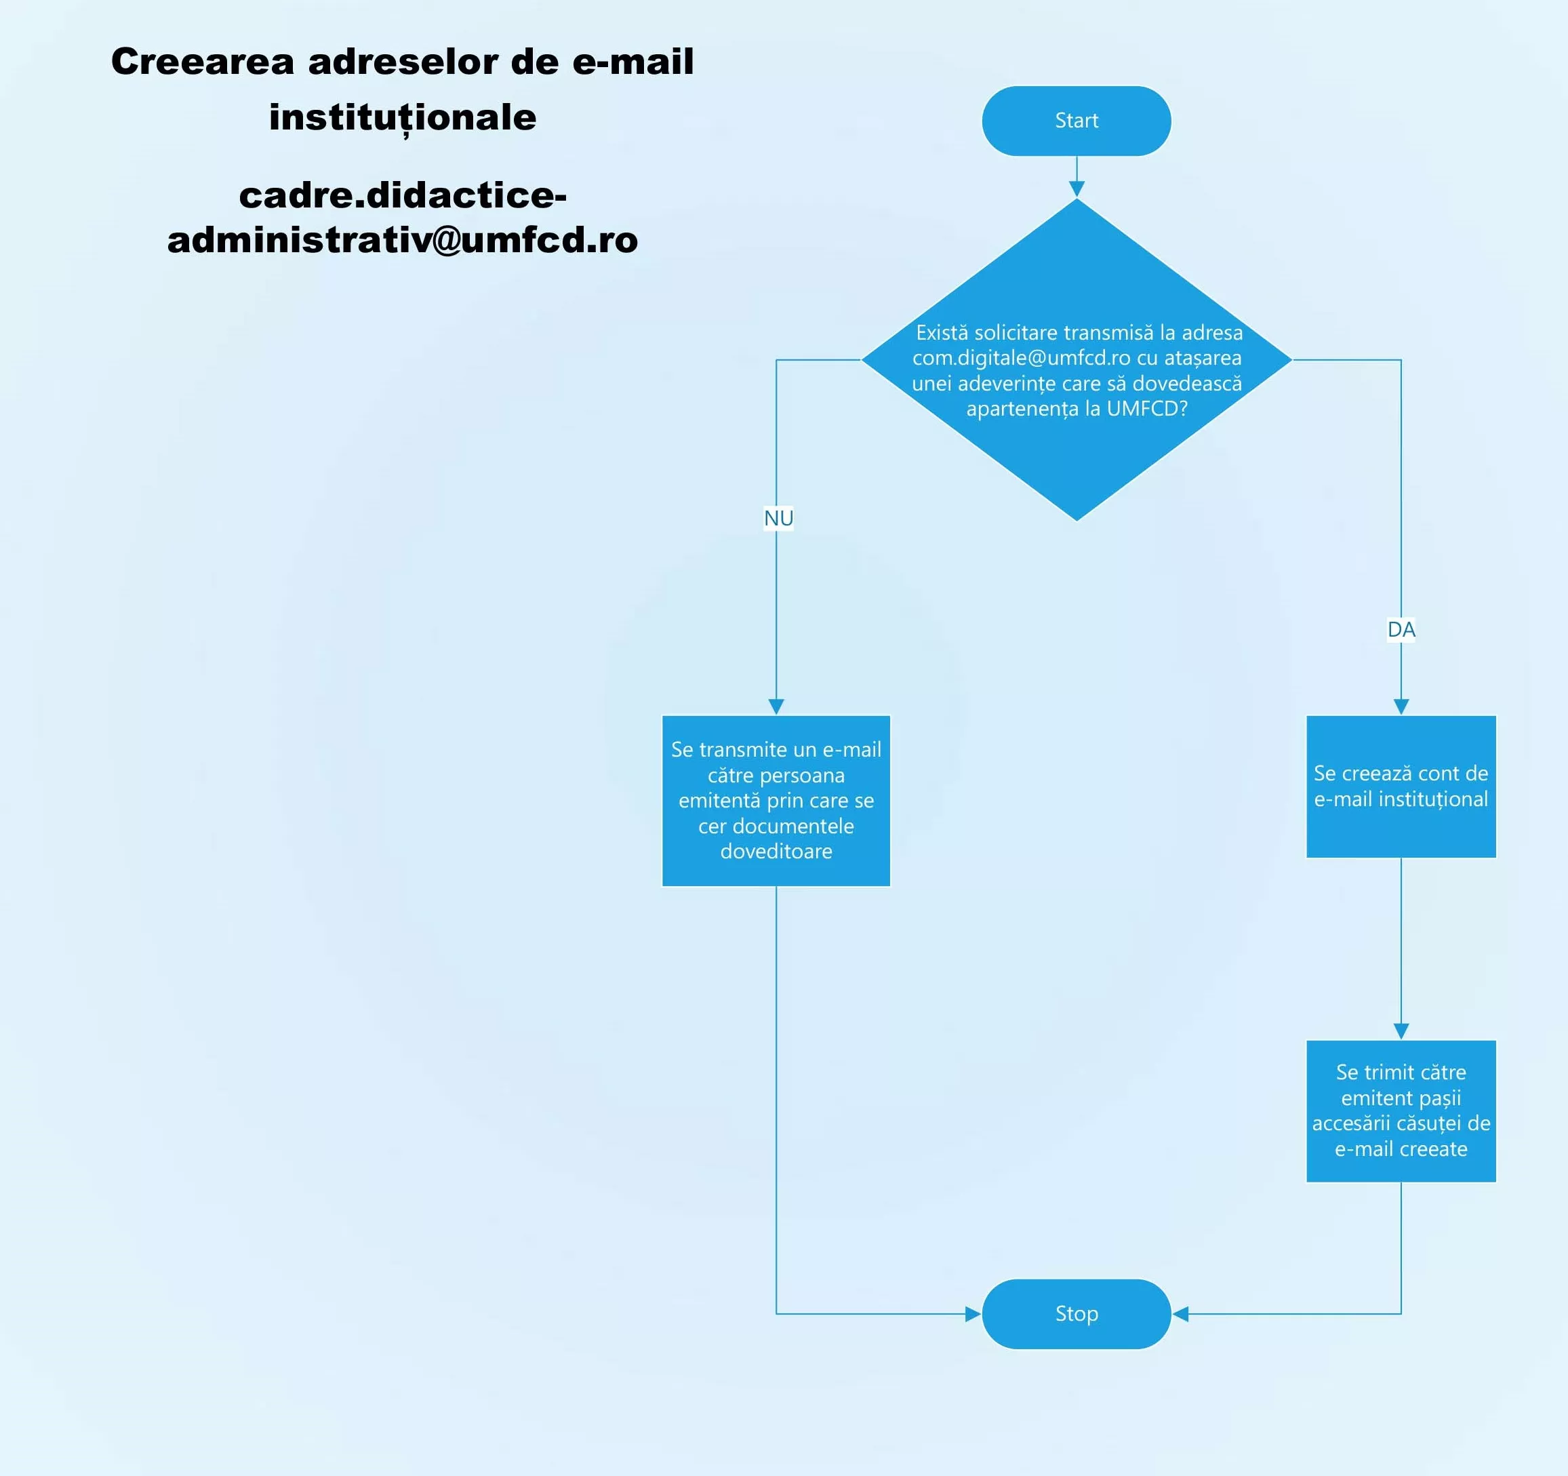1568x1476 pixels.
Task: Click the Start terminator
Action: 1076,121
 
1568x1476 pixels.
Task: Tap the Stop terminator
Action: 1076,1313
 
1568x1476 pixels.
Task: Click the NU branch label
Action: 778,518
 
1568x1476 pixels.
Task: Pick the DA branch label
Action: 1401,630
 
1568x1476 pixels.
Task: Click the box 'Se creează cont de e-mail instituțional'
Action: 1401,786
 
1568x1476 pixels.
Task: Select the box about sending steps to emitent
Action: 1401,1111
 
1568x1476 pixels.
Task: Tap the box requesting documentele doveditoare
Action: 776,800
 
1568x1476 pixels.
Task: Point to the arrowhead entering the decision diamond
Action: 1076,188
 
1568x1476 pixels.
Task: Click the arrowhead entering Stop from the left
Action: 973,1313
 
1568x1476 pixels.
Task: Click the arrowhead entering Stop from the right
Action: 1181,1313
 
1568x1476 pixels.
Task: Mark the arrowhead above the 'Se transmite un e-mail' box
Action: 776,706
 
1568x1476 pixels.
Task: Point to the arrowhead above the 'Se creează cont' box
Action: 1401,706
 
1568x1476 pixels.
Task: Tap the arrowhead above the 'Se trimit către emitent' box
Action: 1401,1031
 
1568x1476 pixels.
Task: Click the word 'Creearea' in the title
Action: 203,62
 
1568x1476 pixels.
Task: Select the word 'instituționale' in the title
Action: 402,117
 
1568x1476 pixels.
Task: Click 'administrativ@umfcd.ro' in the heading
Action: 402,240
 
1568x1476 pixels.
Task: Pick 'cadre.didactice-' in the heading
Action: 402,195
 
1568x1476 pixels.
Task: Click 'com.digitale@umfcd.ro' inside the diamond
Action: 1021,358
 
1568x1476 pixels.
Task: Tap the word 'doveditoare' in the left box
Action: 776,851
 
